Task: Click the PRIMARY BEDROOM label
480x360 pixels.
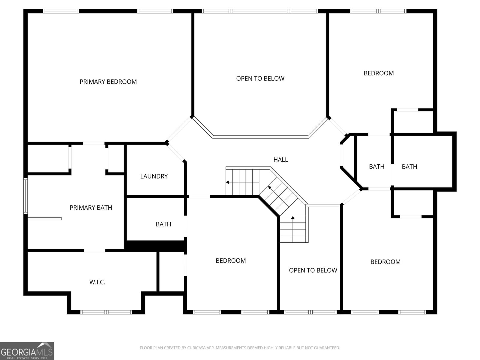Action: point(108,82)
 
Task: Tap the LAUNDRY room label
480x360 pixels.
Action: point(154,176)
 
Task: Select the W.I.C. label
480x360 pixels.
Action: point(97,282)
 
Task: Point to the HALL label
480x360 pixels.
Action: point(280,160)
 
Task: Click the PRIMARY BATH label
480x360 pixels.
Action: point(91,207)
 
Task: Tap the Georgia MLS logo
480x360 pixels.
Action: point(27,351)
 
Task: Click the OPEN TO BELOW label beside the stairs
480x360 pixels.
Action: point(313,270)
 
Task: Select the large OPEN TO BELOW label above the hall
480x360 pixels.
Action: point(260,78)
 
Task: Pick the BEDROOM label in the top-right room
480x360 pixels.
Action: point(379,73)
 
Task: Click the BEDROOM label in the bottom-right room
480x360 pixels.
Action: point(385,262)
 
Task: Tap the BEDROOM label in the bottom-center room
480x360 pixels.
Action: point(231,260)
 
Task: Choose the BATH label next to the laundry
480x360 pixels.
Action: point(163,224)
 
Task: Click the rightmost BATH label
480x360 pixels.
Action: point(409,166)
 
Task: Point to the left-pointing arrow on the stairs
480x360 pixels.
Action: point(228,182)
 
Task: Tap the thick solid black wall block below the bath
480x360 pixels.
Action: point(155,246)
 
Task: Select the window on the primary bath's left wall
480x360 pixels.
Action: point(25,196)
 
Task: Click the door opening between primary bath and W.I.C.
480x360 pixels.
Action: point(94,250)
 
